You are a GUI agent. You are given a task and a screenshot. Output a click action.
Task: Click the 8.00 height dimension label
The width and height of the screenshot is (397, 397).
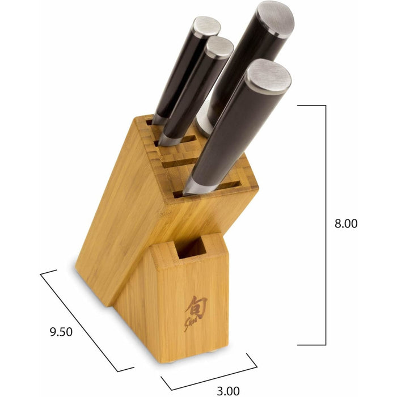tap(346, 223)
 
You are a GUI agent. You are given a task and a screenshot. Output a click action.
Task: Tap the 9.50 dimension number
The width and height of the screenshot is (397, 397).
tap(61, 332)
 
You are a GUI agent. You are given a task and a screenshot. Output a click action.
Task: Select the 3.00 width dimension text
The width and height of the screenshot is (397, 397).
tap(228, 391)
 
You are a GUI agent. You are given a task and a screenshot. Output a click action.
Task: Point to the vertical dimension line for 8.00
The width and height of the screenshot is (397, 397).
tap(326, 225)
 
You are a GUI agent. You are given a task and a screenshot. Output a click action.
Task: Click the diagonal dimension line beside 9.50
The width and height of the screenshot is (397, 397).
tap(79, 322)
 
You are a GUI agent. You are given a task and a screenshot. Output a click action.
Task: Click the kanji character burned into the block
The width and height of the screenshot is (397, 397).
tap(196, 307)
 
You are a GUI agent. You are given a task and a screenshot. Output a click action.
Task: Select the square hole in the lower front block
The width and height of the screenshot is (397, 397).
tap(192, 248)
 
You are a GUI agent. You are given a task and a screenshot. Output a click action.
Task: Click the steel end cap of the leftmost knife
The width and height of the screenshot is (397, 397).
tap(206, 27)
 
